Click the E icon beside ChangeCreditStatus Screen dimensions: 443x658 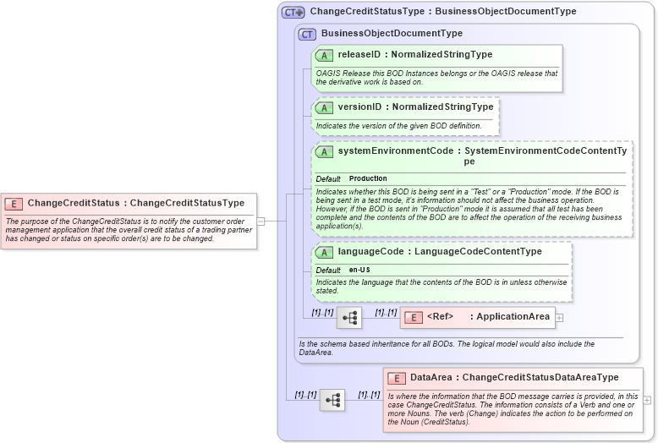[x=14, y=203]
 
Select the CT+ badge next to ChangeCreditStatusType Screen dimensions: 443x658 [x=293, y=12]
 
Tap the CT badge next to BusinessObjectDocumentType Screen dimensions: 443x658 [x=307, y=34]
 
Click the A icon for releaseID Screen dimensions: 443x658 [x=324, y=55]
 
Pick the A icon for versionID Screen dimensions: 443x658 [x=324, y=107]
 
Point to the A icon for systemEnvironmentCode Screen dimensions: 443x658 [x=324, y=151]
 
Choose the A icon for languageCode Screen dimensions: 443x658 [x=324, y=252]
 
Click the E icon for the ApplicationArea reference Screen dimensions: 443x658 [x=414, y=317]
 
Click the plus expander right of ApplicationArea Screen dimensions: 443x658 [x=559, y=318]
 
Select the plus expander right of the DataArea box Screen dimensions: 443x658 [x=647, y=400]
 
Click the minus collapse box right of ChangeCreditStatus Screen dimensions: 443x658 [x=260, y=221]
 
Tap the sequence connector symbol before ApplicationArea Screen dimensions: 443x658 [x=349, y=318]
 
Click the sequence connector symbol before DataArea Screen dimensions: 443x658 [x=332, y=400]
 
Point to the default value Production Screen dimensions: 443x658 [x=368, y=178]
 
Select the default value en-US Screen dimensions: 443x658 [x=359, y=270]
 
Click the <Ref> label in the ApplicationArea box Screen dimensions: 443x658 [x=440, y=317]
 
